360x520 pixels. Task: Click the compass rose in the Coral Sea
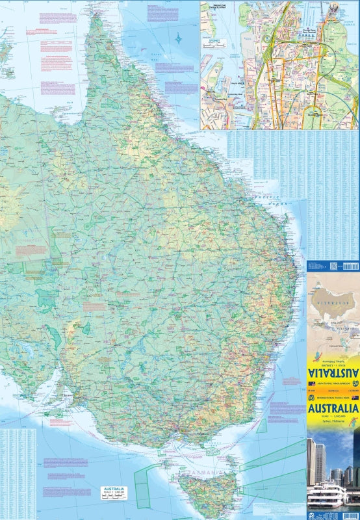tap(179, 38)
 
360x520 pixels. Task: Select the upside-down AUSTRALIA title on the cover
tap(333, 374)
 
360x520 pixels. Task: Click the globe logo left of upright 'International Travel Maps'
tap(311, 397)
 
